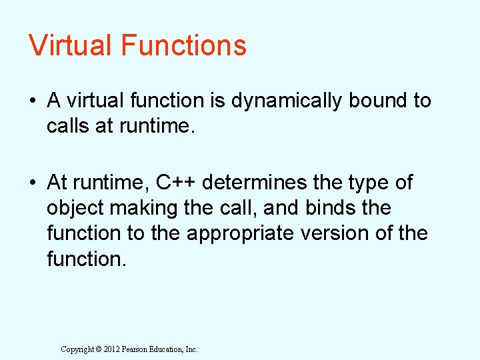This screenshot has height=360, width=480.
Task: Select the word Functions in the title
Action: pos(183,45)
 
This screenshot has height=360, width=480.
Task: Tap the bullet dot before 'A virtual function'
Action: pos(32,101)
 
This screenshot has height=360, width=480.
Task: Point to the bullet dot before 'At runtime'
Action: pos(32,183)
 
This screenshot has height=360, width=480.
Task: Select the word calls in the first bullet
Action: pos(68,127)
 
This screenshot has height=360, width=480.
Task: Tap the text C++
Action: pos(177,183)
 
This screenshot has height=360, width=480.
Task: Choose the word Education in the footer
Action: pos(169,349)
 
